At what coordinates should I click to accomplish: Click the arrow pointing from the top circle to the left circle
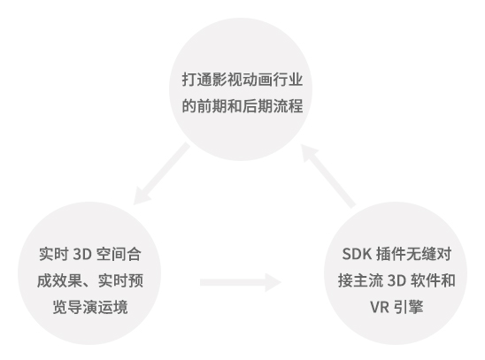[162, 173]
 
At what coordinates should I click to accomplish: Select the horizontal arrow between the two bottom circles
[241, 282]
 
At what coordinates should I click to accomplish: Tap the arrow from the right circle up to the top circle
[328, 176]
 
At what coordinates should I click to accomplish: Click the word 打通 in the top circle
[196, 80]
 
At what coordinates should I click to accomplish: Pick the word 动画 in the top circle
[258, 80]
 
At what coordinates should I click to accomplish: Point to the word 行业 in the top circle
[288, 80]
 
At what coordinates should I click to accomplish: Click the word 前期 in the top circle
[212, 106]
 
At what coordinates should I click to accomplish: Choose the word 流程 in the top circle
[288, 106]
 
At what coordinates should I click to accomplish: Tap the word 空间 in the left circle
[111, 255]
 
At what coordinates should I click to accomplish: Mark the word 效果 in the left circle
[67, 280]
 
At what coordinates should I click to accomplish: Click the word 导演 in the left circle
[82, 307]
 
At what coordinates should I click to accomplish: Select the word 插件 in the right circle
[391, 255]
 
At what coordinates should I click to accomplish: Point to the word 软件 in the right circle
[425, 280]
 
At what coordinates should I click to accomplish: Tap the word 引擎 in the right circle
[408, 307]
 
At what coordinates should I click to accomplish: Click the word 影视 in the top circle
[227, 80]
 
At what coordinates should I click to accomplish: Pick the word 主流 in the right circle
[368, 280]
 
